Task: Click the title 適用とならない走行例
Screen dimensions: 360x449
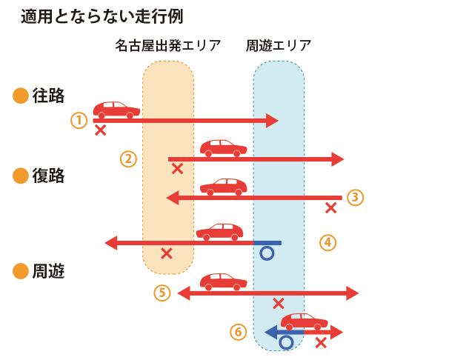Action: (102, 16)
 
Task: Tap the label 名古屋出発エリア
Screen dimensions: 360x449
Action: (168, 45)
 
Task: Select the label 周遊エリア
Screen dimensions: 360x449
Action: (278, 45)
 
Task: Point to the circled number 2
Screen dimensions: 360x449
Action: (129, 159)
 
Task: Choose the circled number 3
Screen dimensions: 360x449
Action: (356, 197)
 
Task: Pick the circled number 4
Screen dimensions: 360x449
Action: (328, 241)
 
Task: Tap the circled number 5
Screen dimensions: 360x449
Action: (163, 293)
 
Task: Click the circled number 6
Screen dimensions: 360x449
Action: (238, 332)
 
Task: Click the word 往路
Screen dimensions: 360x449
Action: (48, 96)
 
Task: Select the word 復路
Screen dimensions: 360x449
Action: (48, 176)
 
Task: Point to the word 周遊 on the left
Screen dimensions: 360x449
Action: (48, 271)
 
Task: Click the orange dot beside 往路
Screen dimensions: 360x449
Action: (21, 96)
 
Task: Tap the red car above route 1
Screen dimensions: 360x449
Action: (116, 110)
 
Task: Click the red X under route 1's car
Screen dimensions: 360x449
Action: (100, 130)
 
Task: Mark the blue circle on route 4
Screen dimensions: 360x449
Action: (267, 253)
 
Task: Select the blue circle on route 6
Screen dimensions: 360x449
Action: (286, 342)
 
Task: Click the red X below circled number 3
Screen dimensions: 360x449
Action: (331, 208)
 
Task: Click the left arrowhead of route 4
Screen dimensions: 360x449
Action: (112, 242)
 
